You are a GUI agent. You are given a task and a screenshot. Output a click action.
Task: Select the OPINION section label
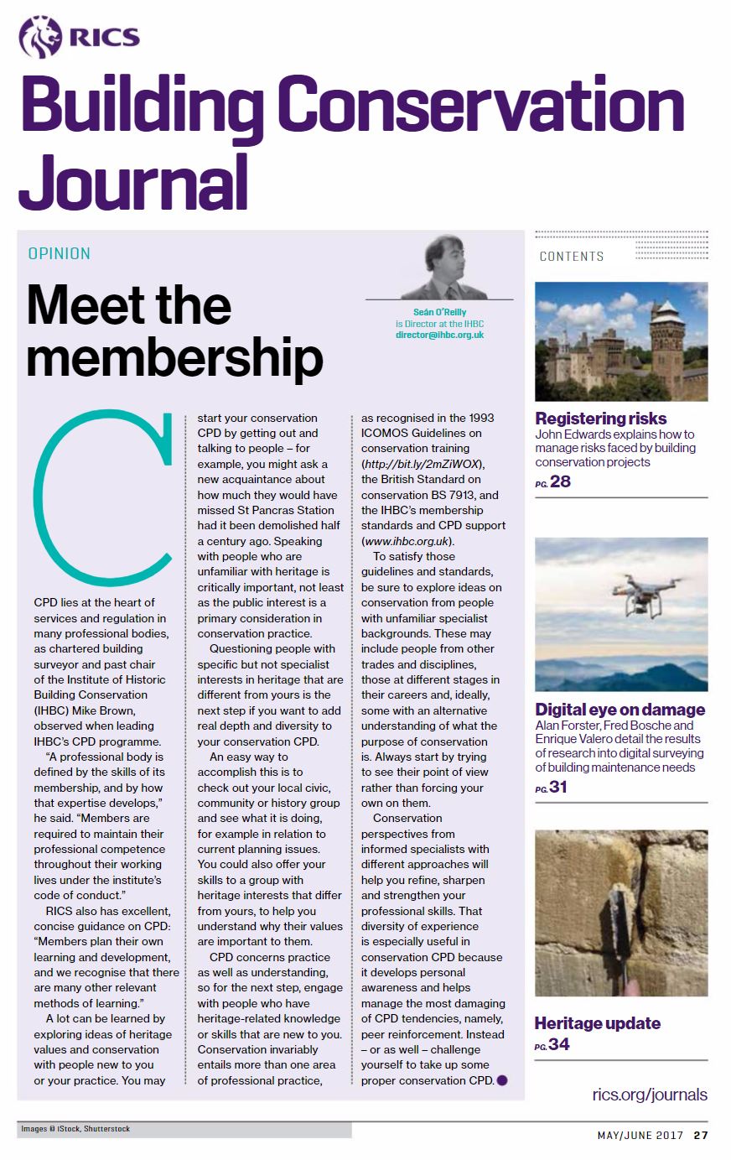[59, 253]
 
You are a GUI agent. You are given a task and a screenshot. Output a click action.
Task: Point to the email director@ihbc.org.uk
[439, 335]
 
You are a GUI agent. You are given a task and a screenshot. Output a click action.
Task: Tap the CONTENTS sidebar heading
[572, 257]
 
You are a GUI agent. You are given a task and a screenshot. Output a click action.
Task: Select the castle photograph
[621, 341]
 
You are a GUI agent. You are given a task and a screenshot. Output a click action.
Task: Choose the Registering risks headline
[601, 419]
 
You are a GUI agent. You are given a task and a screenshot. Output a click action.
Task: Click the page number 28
[559, 481]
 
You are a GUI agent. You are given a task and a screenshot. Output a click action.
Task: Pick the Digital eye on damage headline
[620, 710]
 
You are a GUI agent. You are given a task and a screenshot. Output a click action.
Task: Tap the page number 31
[559, 788]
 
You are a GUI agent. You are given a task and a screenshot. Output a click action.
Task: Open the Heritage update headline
[597, 1023]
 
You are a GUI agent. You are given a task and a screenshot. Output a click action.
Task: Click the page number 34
[559, 1045]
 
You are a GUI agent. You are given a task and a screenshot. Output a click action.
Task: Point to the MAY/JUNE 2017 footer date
[640, 1136]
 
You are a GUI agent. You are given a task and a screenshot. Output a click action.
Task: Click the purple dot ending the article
[501, 1080]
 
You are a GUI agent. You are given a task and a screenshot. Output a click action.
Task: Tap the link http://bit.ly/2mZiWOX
[423, 464]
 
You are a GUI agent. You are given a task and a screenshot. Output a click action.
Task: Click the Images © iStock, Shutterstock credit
[75, 1129]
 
